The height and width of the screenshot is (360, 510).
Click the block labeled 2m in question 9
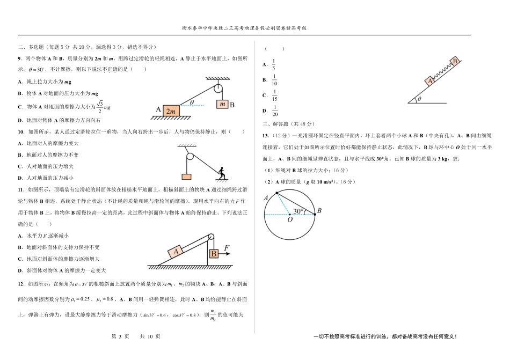(171, 111)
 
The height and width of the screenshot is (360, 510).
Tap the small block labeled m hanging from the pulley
(222, 104)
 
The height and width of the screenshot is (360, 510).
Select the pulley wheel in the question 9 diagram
(218, 89)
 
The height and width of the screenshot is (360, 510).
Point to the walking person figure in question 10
(222, 173)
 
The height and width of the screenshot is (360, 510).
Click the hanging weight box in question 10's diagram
(186, 177)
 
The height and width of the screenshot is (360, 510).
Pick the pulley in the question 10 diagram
(190, 157)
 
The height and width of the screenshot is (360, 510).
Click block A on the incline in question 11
(176, 252)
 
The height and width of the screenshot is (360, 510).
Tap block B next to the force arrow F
(214, 253)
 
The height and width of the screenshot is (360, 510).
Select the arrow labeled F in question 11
(224, 253)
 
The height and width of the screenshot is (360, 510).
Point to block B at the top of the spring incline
(455, 61)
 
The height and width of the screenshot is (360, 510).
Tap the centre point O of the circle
(289, 215)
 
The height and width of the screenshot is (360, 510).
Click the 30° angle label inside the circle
(298, 211)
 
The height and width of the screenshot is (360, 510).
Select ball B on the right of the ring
(315, 215)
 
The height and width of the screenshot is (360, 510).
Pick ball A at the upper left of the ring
(277, 193)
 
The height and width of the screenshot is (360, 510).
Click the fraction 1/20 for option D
(275, 111)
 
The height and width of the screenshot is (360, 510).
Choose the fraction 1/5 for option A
(274, 64)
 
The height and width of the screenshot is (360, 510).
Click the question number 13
(265, 136)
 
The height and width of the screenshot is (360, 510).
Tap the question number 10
(21, 131)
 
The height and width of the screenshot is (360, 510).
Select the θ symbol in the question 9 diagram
(192, 102)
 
